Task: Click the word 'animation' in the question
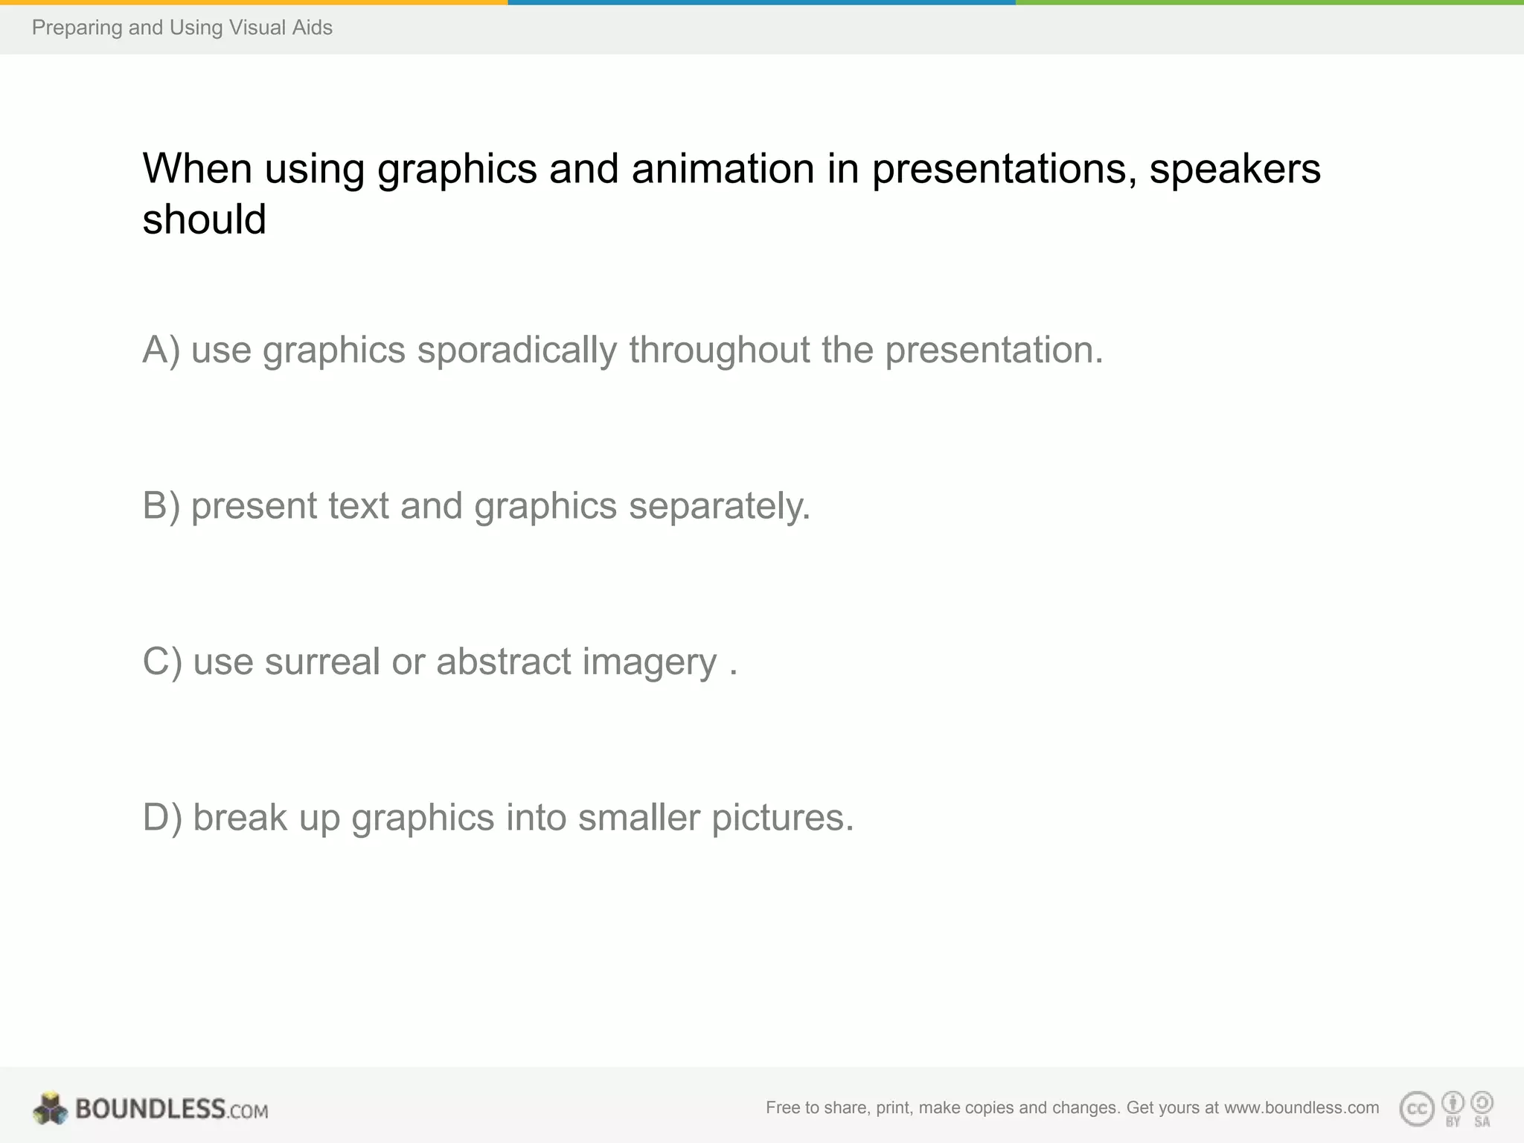point(723,168)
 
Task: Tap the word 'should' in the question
point(204,220)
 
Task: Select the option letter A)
point(161,350)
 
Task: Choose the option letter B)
point(161,506)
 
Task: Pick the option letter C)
point(161,662)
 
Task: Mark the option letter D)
point(161,818)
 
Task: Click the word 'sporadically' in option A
point(516,350)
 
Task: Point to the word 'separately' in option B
point(719,506)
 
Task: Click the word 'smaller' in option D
point(638,818)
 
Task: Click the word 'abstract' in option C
point(503,662)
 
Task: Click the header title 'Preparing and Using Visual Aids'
point(182,28)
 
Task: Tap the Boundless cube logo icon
point(50,1109)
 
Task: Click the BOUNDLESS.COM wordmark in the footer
point(171,1110)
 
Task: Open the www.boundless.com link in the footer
point(1301,1108)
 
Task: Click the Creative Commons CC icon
point(1416,1110)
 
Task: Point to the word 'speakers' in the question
point(1235,168)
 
